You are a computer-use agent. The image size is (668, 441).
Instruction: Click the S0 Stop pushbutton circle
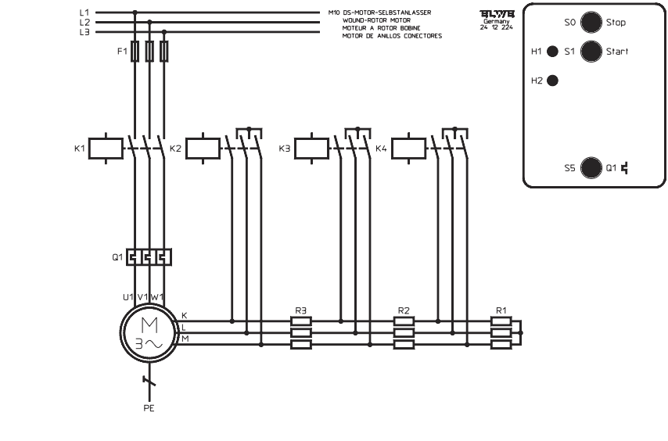tap(591, 23)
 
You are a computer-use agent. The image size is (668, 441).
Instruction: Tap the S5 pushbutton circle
tap(591, 166)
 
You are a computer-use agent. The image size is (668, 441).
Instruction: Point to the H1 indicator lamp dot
tap(552, 52)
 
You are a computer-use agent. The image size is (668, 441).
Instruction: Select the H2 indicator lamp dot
tap(552, 81)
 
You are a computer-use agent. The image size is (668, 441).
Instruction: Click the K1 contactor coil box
tap(106, 147)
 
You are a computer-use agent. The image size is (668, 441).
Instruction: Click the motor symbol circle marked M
tap(148, 333)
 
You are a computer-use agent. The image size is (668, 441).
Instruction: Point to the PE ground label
tap(149, 407)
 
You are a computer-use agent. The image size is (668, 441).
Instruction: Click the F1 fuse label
tap(121, 51)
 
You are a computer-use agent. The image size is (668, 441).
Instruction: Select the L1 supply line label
tap(84, 13)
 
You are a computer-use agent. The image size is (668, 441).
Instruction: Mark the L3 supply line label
tap(84, 31)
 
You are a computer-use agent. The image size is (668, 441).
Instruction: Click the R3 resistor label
tap(300, 310)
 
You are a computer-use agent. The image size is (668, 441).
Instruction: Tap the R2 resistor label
tap(403, 310)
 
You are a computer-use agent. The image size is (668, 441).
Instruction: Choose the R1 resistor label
tap(501, 310)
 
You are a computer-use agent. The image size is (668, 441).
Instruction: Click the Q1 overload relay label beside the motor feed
tap(117, 256)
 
